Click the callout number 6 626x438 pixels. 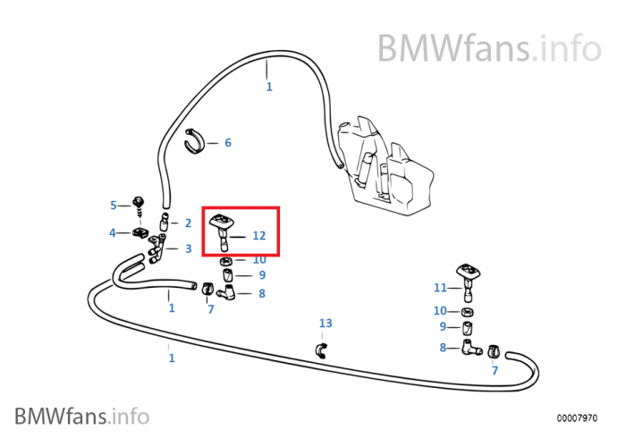[x=227, y=142]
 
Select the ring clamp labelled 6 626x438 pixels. [x=196, y=141]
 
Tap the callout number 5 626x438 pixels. [x=114, y=205]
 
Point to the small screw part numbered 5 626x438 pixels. [x=139, y=202]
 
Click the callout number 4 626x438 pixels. [x=113, y=233]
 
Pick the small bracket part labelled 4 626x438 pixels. [x=140, y=233]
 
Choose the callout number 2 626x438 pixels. [x=188, y=223]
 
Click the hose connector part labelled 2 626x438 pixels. [x=165, y=220]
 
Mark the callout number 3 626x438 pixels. [x=188, y=248]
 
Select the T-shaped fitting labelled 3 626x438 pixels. [x=157, y=247]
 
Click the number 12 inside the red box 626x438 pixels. [x=259, y=236]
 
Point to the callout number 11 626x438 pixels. [x=439, y=288]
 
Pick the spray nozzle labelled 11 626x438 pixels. [x=468, y=278]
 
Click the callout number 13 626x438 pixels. [x=325, y=323]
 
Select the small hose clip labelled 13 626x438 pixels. [x=322, y=349]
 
